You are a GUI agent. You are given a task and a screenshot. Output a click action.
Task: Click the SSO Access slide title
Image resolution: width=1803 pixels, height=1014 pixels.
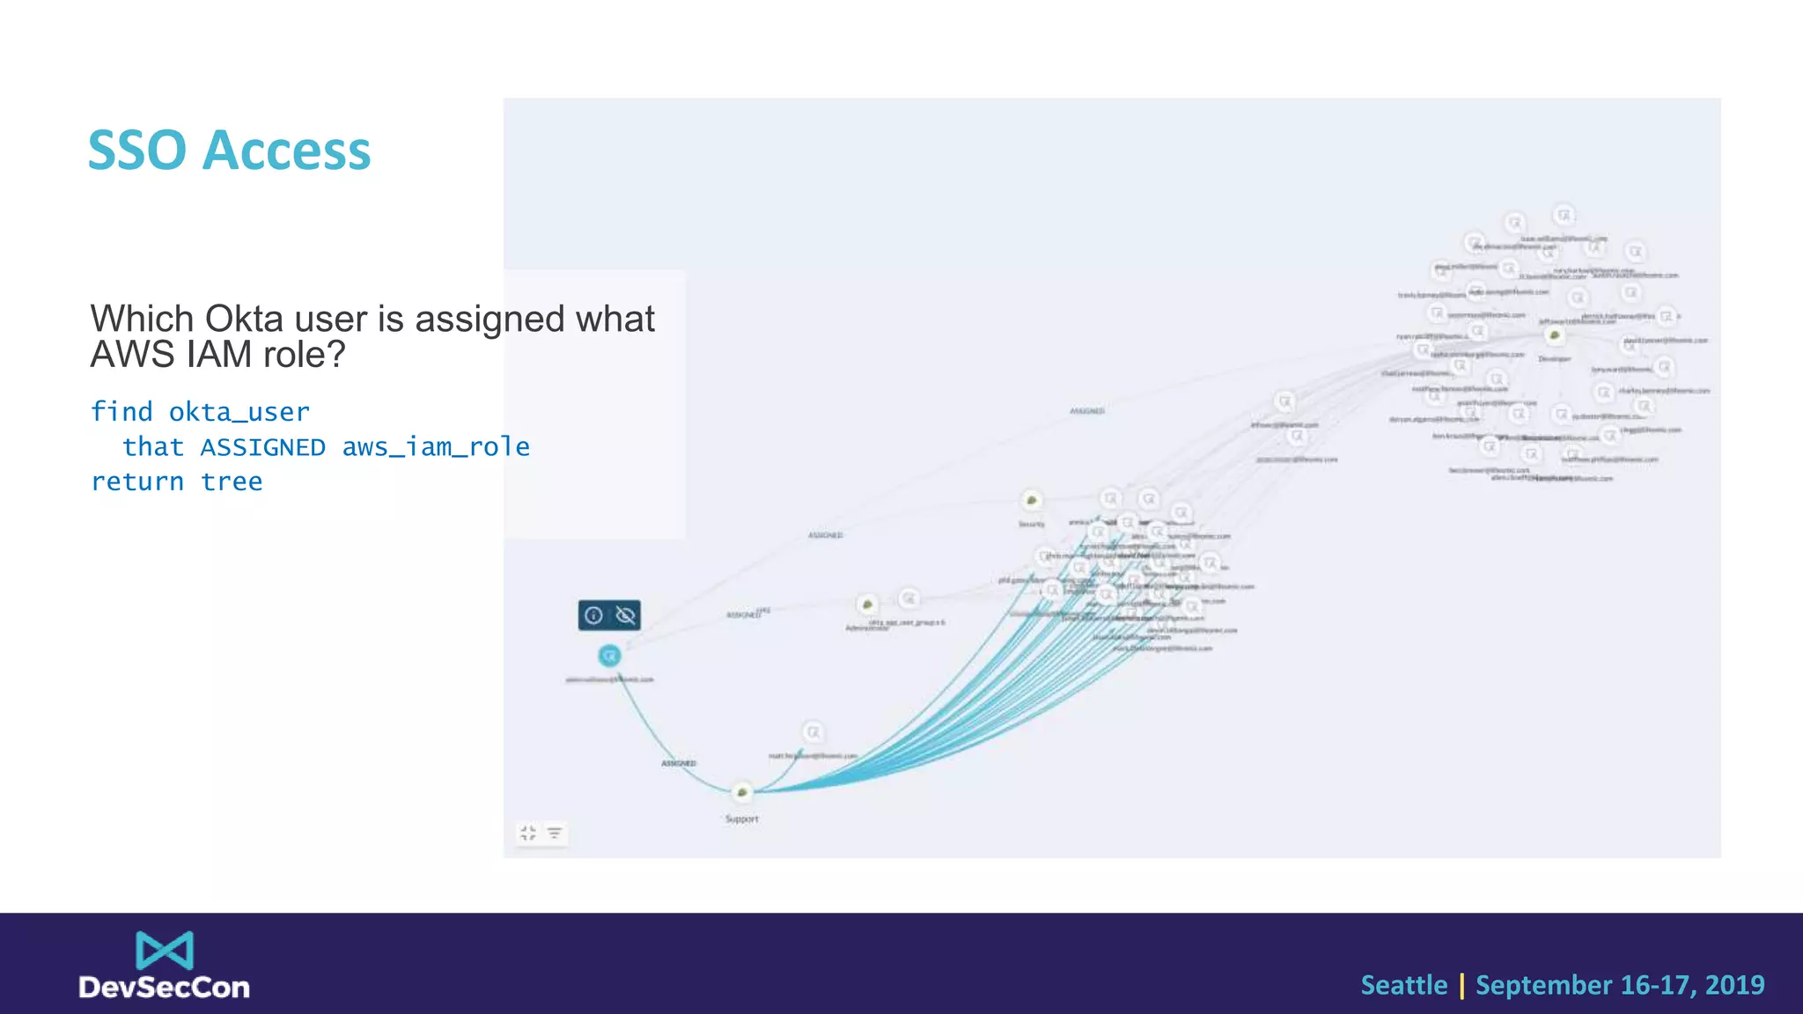point(229,151)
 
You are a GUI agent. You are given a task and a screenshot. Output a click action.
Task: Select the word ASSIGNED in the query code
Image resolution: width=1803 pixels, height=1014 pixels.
point(262,447)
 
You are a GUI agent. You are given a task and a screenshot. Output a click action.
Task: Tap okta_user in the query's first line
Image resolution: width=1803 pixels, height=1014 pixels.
point(239,412)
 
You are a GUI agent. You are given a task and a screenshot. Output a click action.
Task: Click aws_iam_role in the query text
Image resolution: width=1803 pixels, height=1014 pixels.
point(436,447)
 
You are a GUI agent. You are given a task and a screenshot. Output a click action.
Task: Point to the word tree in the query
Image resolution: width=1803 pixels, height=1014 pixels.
point(232,481)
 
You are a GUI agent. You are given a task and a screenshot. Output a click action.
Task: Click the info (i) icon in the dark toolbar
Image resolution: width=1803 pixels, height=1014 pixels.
point(593,615)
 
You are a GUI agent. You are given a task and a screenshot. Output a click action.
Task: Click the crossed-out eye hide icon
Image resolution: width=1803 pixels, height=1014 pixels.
point(625,615)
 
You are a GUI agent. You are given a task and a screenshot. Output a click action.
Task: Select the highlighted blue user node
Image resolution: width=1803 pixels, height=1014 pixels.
point(609,656)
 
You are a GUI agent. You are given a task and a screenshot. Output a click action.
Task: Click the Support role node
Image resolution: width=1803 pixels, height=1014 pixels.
point(742,792)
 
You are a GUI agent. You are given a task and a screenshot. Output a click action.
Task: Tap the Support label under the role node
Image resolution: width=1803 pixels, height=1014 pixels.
point(741,819)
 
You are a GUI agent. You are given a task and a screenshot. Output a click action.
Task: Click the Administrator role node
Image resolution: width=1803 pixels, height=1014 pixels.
point(867,605)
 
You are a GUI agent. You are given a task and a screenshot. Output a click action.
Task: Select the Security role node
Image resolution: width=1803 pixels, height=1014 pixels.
point(1031,501)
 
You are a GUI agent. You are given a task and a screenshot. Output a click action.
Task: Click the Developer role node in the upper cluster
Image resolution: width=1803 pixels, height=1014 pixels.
point(1555,335)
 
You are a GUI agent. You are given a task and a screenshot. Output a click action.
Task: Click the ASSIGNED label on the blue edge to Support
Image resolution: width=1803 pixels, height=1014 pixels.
point(678,763)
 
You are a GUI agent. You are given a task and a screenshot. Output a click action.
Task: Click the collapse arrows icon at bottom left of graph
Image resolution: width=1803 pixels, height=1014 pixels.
point(528,833)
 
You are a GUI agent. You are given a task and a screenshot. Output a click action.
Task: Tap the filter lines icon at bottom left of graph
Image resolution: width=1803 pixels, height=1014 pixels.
point(555,833)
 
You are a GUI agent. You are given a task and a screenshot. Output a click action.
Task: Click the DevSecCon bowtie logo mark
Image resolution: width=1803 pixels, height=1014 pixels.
point(165,951)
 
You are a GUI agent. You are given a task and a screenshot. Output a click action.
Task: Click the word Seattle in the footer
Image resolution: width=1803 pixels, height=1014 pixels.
point(1403,985)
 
